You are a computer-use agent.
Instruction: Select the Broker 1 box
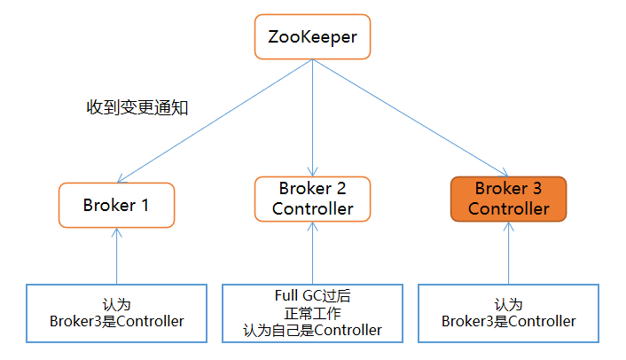pyautogui.click(x=116, y=205)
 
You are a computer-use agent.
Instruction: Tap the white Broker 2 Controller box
pyautogui.click(x=312, y=199)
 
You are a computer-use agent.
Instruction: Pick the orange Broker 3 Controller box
pyautogui.click(x=508, y=199)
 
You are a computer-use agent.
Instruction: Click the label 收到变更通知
pyautogui.click(x=137, y=107)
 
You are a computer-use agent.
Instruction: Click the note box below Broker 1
pyautogui.click(x=116, y=312)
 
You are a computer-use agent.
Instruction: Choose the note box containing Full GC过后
pyautogui.click(x=312, y=312)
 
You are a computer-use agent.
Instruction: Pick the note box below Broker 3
pyautogui.click(x=508, y=312)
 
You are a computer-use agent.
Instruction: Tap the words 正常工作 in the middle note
pyautogui.click(x=312, y=313)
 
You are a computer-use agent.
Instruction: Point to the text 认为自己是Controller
pyautogui.click(x=312, y=330)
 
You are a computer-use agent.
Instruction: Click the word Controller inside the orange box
pyautogui.click(x=508, y=209)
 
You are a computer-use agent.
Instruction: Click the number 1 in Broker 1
pyautogui.click(x=145, y=205)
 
